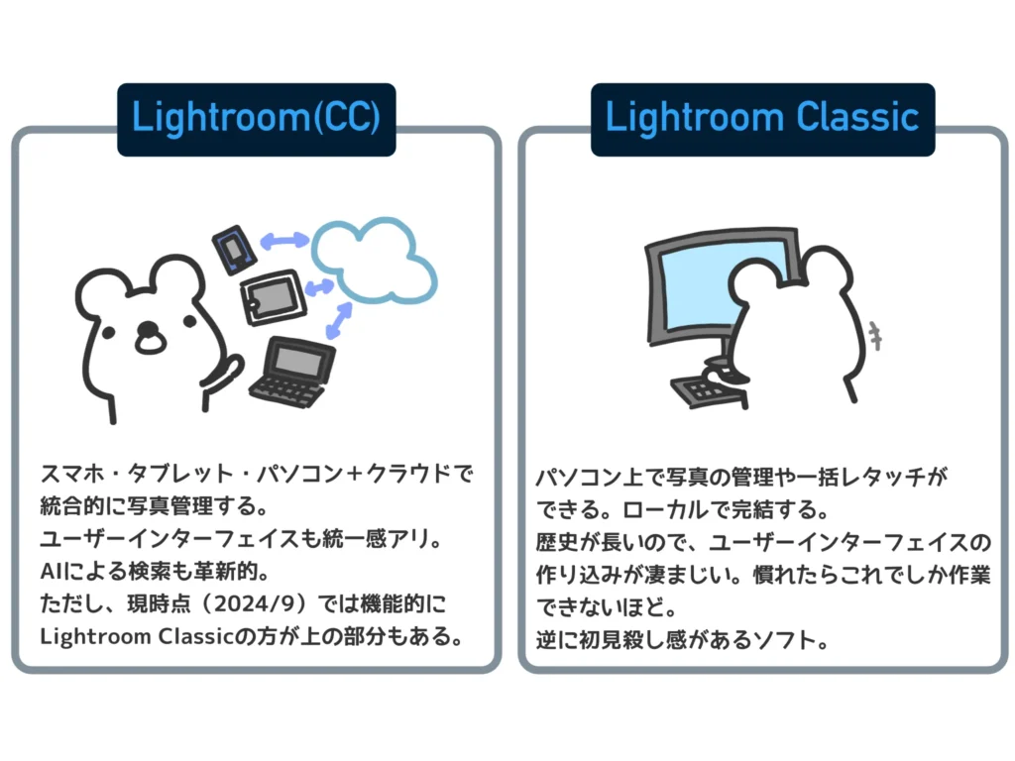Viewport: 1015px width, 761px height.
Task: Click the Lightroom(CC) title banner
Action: tap(256, 119)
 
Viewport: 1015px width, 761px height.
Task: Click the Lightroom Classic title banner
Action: tap(762, 119)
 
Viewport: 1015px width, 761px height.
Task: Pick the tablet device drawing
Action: tap(270, 296)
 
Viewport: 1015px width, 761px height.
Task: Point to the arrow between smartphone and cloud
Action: tap(283, 241)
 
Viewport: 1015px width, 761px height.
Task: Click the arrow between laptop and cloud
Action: tap(340, 321)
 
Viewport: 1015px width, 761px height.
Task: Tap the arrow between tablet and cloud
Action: tap(319, 288)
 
